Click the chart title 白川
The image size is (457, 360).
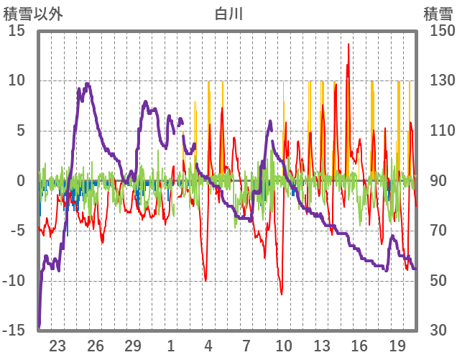tap(228, 14)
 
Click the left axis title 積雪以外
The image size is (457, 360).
tap(34, 14)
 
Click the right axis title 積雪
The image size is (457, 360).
tap(437, 14)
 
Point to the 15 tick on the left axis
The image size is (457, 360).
tap(17, 31)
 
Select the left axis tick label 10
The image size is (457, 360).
tap(17, 80)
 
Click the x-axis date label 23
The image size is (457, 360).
tap(58, 344)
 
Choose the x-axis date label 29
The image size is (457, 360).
tap(134, 344)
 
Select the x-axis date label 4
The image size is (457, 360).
tap(208, 344)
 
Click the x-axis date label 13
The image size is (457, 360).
tap(322, 344)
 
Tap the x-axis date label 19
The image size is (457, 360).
tap(397, 344)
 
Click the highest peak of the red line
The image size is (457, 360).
tap(348, 44)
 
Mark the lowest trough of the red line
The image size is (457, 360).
tap(282, 294)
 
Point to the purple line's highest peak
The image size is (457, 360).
tap(88, 84)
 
